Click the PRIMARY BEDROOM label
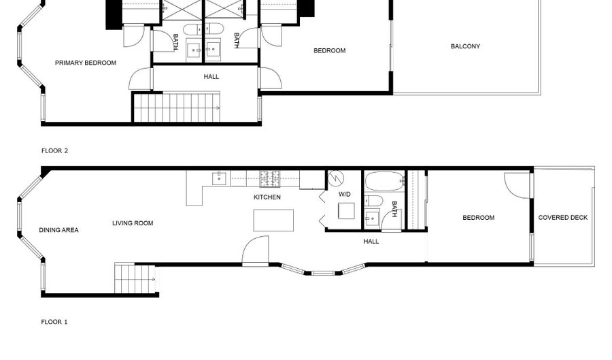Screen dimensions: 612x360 point(86,63)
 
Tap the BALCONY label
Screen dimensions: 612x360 point(465,46)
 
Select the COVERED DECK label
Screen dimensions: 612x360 point(562,218)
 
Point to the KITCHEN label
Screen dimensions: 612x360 point(267,197)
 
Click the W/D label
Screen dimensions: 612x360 point(344,194)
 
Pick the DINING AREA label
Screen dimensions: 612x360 point(58,230)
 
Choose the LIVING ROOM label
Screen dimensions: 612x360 point(133,223)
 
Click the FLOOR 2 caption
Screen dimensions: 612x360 point(54,150)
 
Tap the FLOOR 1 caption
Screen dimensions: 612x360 point(54,322)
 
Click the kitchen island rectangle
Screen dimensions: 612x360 point(273,220)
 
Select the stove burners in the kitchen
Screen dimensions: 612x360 point(270,179)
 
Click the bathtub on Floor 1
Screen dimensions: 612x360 point(384,181)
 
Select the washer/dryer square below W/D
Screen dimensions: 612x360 point(346,211)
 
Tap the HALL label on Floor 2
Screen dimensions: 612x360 point(211,77)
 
